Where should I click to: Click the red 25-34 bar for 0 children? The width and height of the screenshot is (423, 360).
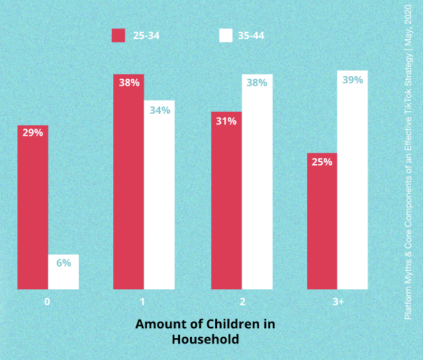tap(32, 212)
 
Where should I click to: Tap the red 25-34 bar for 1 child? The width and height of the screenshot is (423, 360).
tap(128, 185)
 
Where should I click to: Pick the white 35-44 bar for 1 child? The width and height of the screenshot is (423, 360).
tap(159, 199)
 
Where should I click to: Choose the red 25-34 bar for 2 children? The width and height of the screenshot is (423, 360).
tap(226, 205)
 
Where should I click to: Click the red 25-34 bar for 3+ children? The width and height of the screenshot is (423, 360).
tap(322, 225)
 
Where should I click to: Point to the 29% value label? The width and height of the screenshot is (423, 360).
tap(32, 133)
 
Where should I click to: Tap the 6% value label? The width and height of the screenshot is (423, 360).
tap(64, 263)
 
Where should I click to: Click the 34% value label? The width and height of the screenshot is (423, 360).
tap(160, 110)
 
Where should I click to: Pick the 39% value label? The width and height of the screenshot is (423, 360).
tap(352, 80)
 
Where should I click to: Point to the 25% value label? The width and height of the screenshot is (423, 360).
tap(322, 161)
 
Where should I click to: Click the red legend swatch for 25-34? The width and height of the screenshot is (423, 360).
tap(118, 36)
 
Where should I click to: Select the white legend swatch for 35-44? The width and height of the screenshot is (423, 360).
tap(226, 36)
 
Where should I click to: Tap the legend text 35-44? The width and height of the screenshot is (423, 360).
tap(251, 36)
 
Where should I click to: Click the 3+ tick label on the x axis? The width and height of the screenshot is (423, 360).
tap(338, 301)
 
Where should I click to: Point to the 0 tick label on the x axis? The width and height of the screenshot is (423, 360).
tap(48, 301)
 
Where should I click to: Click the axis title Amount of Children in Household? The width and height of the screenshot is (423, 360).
tap(205, 332)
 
